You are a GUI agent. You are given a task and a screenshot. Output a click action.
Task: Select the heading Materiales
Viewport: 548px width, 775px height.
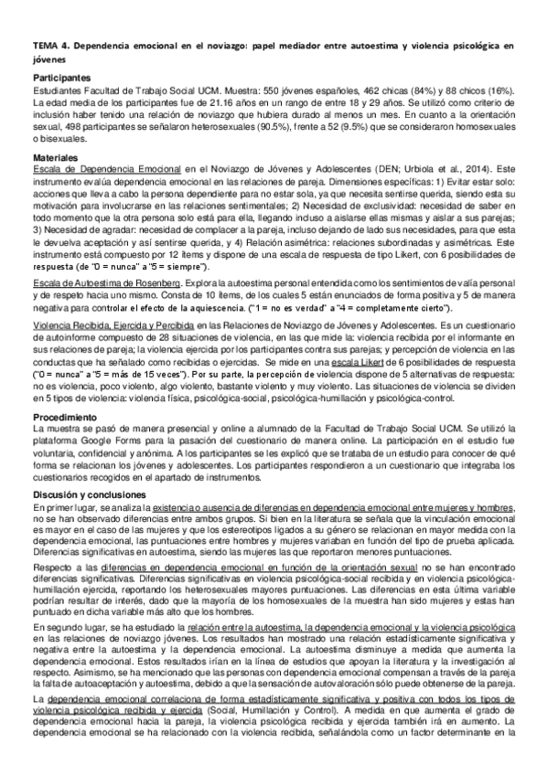(x=56, y=158)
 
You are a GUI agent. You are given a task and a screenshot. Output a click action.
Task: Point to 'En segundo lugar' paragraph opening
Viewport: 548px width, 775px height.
(x=69, y=630)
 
